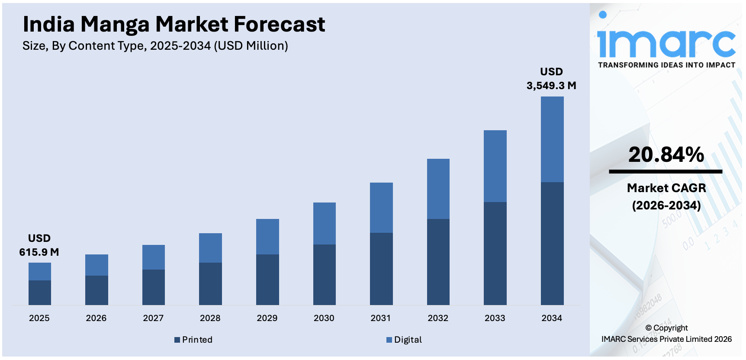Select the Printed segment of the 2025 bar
[40, 292]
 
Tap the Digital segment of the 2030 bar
[325, 223]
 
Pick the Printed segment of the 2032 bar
[438, 262]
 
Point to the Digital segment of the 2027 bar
[154, 257]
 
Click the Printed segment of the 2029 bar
[267, 280]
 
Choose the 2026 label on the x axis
[96, 318]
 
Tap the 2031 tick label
[381, 318]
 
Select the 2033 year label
[495, 318]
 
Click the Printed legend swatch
[177, 340]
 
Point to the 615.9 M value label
[39, 252]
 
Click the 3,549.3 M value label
[551, 85]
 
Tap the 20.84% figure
[666, 154]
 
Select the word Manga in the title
[115, 24]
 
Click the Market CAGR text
[666, 188]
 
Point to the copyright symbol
[648, 328]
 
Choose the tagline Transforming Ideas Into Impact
[666, 65]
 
